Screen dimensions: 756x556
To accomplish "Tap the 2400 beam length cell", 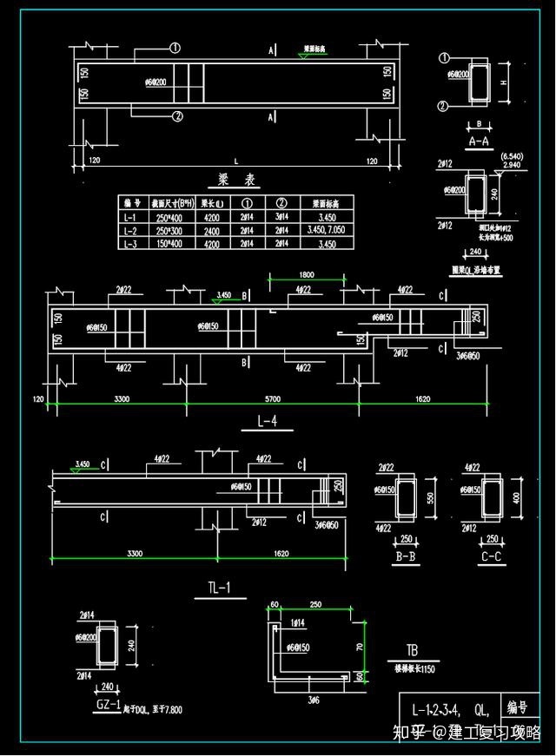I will click(213, 231).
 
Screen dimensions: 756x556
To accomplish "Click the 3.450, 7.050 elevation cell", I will click(327, 231).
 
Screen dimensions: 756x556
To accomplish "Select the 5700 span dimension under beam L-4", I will click(272, 400).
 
